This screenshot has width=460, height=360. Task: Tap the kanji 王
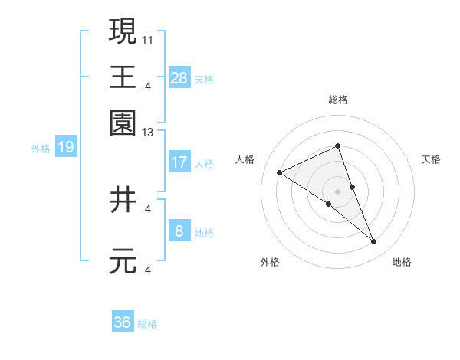[123, 77]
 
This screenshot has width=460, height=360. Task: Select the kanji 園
[123, 121]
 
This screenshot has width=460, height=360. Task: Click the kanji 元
[123, 261]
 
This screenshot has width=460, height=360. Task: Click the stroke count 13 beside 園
[149, 133]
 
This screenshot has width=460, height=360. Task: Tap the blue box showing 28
[179, 77]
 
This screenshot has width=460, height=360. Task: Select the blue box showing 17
[179, 162]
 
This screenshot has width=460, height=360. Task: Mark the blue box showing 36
[123, 322]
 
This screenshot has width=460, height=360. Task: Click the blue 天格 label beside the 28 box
[204, 80]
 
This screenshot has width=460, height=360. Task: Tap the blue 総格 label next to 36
[147, 325]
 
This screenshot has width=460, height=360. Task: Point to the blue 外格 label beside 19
[41, 149]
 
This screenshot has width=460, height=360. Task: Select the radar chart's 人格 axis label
[245, 159]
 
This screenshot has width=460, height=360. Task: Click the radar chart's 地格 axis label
[402, 263]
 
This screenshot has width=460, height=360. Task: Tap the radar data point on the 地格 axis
[374, 242]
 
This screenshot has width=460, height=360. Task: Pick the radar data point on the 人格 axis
[280, 173]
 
